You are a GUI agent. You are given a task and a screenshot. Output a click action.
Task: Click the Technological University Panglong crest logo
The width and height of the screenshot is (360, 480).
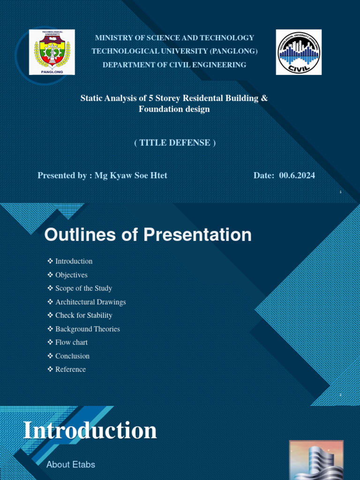(52, 52)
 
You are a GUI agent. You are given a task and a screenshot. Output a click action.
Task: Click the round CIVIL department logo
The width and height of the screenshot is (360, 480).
(299, 52)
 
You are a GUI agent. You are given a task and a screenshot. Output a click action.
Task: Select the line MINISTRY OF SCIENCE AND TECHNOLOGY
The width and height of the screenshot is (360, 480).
(174, 37)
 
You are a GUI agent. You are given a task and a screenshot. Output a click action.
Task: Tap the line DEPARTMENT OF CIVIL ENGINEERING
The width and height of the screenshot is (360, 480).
(174, 65)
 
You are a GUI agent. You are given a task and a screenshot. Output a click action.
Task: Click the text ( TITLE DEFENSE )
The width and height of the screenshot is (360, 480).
(175, 142)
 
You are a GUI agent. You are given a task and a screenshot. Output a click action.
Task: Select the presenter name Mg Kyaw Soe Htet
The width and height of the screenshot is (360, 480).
(131, 175)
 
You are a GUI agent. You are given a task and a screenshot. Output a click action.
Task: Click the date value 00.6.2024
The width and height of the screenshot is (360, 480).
(297, 175)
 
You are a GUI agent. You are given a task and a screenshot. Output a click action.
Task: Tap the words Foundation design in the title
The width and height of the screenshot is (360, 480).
(174, 109)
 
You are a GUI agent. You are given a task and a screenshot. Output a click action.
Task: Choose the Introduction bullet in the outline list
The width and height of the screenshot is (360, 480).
(74, 261)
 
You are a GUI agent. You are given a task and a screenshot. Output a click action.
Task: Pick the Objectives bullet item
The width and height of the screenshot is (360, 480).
(71, 275)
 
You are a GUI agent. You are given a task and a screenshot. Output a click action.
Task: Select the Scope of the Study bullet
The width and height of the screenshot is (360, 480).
(83, 288)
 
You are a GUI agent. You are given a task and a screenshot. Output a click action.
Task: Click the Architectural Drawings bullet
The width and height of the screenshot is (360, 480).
(90, 302)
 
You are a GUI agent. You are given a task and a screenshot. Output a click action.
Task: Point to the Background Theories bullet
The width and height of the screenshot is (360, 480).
(87, 329)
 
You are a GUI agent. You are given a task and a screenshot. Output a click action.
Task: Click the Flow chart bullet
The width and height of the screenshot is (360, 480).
(71, 342)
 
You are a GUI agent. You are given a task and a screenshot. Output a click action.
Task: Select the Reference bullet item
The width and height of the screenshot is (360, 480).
(70, 369)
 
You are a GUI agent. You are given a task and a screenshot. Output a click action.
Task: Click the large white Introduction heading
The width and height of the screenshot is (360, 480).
(90, 430)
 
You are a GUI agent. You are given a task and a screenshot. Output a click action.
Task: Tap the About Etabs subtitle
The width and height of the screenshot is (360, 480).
(71, 465)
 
